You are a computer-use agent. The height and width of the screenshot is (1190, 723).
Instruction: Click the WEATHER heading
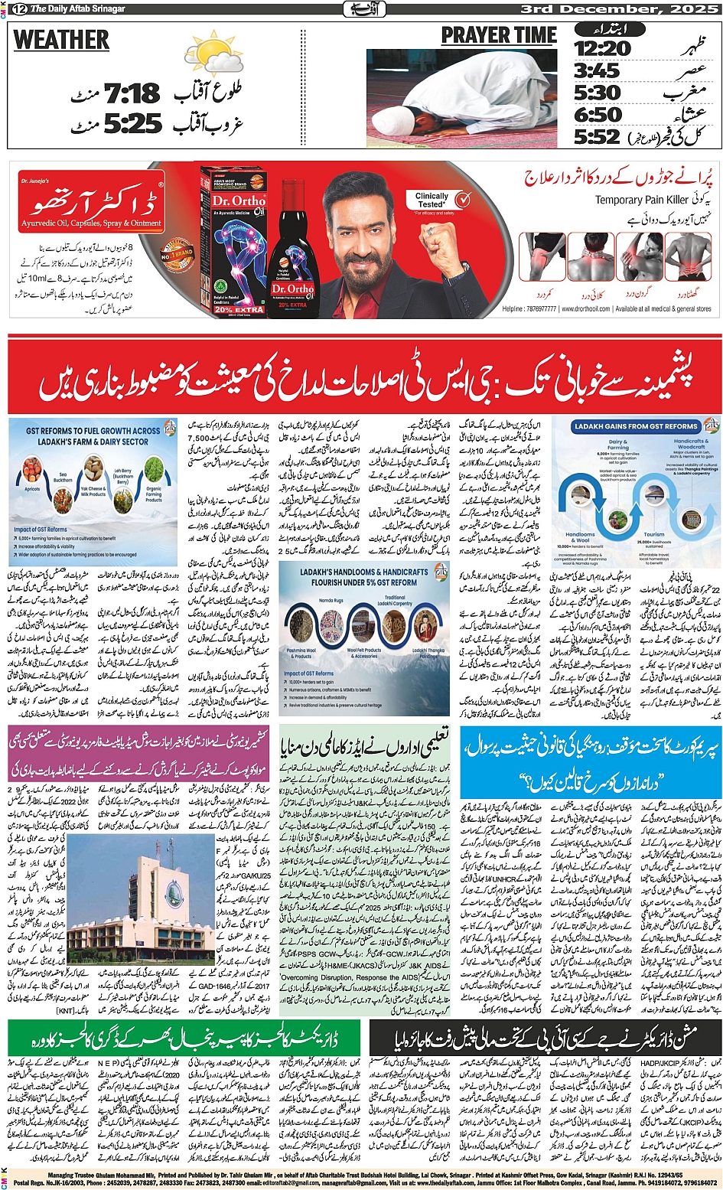(x=61, y=40)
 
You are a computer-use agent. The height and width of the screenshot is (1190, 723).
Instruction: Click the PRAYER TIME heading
(x=498, y=36)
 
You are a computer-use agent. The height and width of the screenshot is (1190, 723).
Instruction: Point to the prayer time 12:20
(x=602, y=49)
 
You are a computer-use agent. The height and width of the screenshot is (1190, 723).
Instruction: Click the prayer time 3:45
(x=597, y=71)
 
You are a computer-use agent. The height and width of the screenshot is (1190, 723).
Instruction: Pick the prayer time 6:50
(x=598, y=116)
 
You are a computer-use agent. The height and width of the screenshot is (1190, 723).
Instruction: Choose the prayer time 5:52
(x=597, y=137)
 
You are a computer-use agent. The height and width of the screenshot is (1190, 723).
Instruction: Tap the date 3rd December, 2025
(x=620, y=9)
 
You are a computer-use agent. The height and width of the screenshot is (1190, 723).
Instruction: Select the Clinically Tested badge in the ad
(x=432, y=201)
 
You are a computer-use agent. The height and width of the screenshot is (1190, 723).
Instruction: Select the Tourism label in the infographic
(x=653, y=535)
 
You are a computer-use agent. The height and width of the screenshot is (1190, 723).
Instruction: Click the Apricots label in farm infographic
(x=32, y=488)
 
